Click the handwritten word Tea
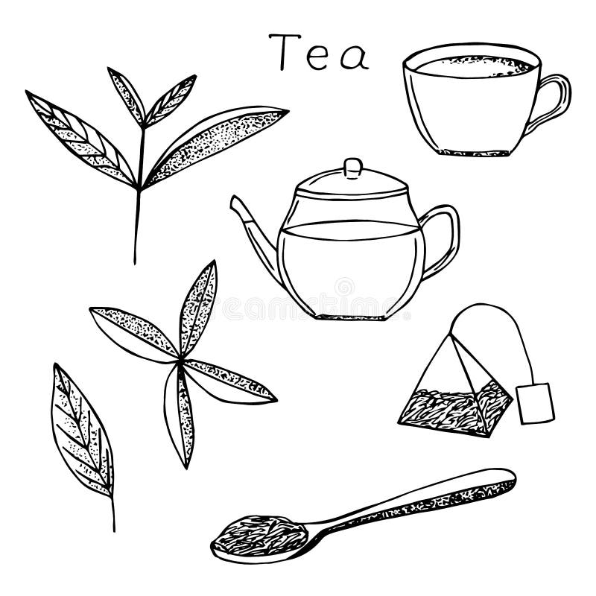319,54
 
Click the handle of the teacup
555,101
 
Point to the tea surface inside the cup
474,67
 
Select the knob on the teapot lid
352,167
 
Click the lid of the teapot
352,185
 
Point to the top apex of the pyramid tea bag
451,335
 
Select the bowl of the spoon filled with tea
259,535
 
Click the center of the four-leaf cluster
180,361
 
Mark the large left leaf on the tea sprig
80,138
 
